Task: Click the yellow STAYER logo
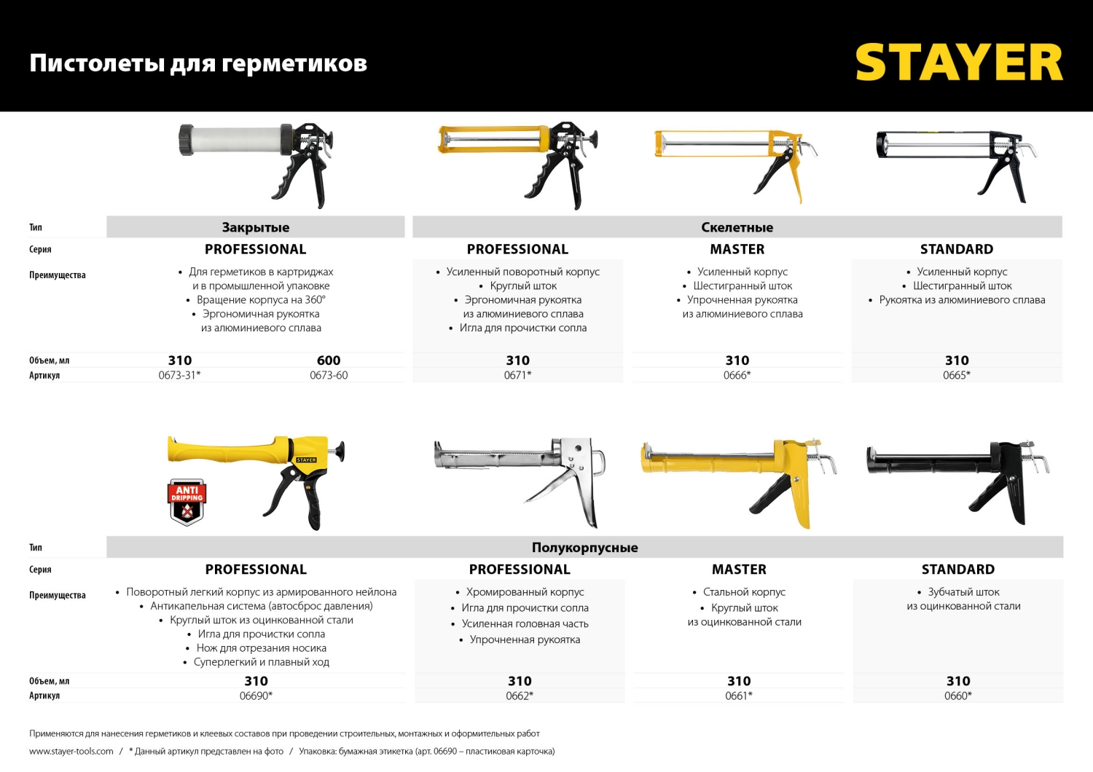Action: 959,63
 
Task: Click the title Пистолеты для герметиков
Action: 198,63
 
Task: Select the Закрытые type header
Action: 256,227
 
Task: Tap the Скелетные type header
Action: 737,227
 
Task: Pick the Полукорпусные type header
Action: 584,548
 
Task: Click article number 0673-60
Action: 329,375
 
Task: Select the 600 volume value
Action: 329,361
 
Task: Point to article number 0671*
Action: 517,375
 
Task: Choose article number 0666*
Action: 737,375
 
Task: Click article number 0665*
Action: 956,375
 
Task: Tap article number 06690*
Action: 256,696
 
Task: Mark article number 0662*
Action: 519,696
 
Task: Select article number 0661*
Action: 738,696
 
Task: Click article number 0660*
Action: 957,696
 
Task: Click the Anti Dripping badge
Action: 187,501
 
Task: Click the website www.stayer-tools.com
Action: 71,751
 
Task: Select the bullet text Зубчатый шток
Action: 963,592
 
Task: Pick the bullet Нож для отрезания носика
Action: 261,648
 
